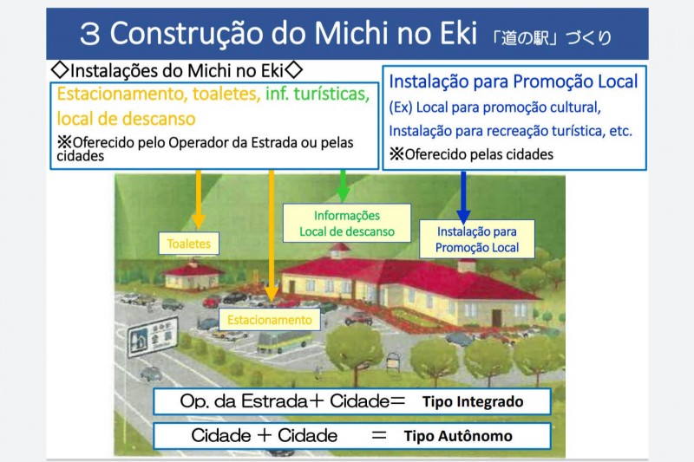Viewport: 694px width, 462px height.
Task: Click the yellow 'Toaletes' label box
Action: point(189,244)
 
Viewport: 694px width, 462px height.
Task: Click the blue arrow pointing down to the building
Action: point(463,196)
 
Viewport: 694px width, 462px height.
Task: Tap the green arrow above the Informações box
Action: point(344,185)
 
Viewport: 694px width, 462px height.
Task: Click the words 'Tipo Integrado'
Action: point(473,403)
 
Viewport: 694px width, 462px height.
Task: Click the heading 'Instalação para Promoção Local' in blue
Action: point(514,82)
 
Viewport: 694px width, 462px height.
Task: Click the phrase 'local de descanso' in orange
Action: point(127,117)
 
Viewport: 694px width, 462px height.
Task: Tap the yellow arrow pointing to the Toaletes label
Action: point(200,200)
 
